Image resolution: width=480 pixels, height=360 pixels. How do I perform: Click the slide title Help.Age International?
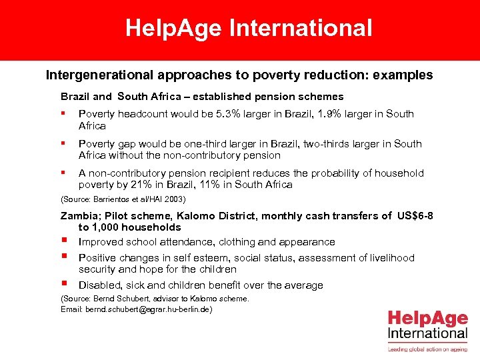click(249, 28)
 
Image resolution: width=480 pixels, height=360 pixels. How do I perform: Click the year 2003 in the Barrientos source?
click(175, 199)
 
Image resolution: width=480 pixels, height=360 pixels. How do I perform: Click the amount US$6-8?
click(415, 215)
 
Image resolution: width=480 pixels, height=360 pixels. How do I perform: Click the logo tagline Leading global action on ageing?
click(427, 348)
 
